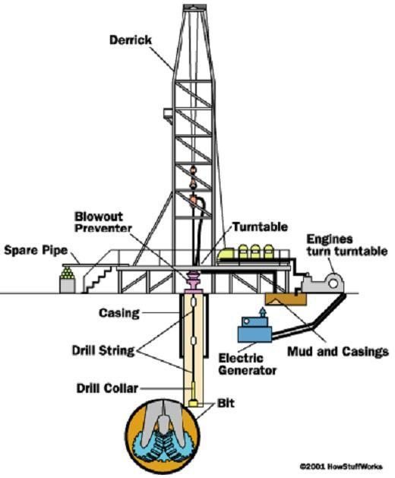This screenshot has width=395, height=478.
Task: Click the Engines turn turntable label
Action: click(346, 245)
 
